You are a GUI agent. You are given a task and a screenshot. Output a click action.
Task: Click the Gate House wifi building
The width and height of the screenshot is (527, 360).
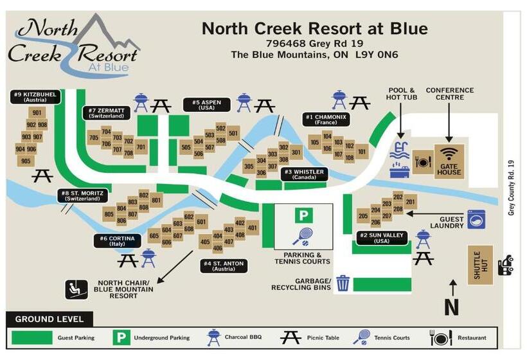(x=449, y=161)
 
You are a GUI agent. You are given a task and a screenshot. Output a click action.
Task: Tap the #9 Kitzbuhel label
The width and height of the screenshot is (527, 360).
(x=35, y=97)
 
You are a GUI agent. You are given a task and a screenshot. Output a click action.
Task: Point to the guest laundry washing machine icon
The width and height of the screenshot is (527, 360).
(x=476, y=219)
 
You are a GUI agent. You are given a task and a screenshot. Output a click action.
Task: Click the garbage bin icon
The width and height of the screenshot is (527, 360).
(x=343, y=283)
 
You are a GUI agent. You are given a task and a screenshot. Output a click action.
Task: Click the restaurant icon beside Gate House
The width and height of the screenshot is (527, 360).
(x=422, y=161)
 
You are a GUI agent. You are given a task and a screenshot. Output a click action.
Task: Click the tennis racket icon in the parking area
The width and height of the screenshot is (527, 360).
(x=302, y=237)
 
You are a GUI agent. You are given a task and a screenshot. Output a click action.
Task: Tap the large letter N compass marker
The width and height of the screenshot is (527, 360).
(x=452, y=307)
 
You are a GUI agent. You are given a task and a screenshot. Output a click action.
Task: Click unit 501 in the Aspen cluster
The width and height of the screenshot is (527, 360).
(x=233, y=134)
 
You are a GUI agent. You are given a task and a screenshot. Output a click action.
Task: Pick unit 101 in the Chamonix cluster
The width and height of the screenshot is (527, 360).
(x=362, y=152)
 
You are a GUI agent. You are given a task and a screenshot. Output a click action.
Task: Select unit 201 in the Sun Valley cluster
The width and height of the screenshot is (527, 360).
(x=410, y=202)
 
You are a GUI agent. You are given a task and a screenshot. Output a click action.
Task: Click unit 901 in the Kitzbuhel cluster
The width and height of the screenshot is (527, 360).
(x=36, y=113)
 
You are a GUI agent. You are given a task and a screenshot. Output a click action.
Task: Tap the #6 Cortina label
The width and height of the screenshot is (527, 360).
(x=118, y=240)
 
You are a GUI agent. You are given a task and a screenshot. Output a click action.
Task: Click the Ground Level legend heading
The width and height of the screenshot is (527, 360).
(x=49, y=319)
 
